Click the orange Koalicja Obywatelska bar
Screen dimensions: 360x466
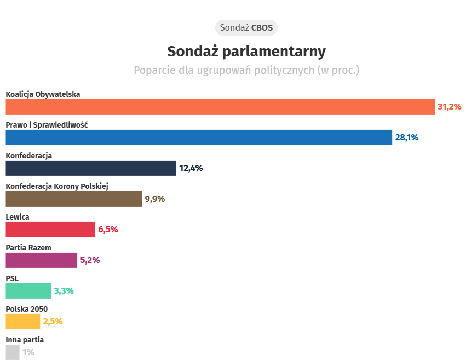220,107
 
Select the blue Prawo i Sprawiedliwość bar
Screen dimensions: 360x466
199,138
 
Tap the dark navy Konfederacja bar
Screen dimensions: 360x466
91,168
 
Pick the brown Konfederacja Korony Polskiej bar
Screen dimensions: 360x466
74,199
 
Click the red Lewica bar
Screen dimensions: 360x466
50,230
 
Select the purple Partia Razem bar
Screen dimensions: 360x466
42,260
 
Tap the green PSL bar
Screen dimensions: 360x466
28,291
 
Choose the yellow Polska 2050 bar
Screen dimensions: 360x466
23,322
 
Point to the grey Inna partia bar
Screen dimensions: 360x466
13,352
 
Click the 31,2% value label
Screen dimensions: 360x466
450,107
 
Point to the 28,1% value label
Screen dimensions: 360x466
407,138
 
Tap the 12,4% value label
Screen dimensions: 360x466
191,168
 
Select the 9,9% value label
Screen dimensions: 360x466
154,199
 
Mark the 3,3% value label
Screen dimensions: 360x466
64,291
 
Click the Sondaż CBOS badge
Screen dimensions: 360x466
246,27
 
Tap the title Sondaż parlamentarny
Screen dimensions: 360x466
246,51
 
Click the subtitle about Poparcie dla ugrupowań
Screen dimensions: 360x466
246,70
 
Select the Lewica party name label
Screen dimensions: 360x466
18,217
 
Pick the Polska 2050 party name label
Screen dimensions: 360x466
27,309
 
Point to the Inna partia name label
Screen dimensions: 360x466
25,340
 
